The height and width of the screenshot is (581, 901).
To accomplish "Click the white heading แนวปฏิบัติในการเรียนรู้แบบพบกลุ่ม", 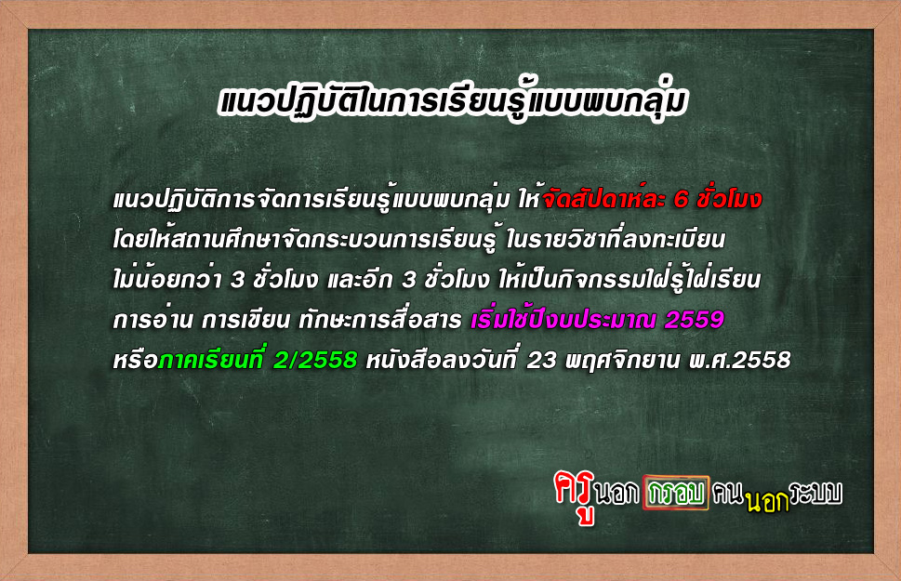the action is (452, 102).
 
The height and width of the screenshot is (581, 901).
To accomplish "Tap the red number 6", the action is (681, 200).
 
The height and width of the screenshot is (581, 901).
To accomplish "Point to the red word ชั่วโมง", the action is (729, 198).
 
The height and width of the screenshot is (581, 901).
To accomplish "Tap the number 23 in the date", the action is (542, 361).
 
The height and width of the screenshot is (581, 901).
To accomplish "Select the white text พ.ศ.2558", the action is (739, 361).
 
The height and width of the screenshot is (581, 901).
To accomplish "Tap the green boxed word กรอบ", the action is (676, 493).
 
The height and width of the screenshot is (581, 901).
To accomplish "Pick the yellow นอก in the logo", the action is (767, 502).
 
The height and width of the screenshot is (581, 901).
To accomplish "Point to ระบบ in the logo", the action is (816, 493).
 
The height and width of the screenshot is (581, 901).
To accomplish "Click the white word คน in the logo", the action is (727, 494).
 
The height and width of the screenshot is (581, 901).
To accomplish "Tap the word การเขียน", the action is (245, 320).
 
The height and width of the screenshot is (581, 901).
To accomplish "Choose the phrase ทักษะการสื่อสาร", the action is (379, 319).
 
